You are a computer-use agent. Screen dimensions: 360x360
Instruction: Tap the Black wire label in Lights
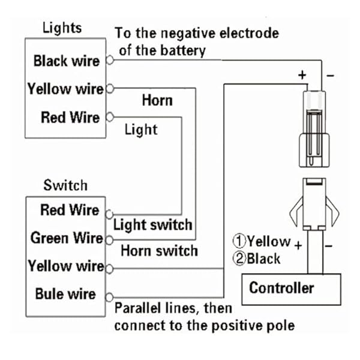tap(66, 61)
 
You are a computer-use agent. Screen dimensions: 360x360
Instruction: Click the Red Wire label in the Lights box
tap(70, 117)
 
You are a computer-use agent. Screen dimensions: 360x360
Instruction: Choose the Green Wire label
tap(67, 238)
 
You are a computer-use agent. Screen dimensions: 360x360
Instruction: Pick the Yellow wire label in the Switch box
tap(65, 266)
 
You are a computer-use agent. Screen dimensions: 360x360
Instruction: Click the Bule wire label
tap(65, 294)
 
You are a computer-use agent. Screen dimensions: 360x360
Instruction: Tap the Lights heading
tap(62, 28)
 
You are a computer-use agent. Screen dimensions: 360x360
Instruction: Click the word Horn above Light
tap(157, 100)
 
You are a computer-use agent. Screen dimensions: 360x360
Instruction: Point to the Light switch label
tap(153, 225)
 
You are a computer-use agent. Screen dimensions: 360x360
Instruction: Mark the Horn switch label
tap(159, 251)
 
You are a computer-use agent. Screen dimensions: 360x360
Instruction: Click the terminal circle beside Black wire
tap(109, 61)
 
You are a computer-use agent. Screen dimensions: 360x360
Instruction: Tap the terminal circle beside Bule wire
tap(109, 296)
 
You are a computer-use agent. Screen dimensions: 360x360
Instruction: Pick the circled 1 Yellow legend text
tap(262, 242)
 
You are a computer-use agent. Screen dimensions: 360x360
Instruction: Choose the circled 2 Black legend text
tap(256, 259)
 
